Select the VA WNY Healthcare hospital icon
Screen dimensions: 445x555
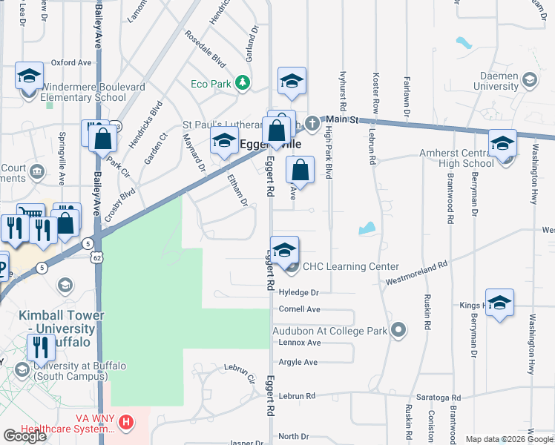(x=127, y=423)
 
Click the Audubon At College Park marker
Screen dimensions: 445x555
(x=399, y=330)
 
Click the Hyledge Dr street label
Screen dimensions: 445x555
(x=298, y=293)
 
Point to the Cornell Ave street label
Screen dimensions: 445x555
(x=299, y=309)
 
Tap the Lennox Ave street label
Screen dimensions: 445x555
(x=299, y=343)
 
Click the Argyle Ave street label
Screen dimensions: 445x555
(x=298, y=362)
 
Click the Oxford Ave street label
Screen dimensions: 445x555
(x=76, y=63)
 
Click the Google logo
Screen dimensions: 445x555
(x=24, y=436)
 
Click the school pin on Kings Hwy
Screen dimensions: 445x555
(x=499, y=305)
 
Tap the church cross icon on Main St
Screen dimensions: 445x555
(x=312, y=121)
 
